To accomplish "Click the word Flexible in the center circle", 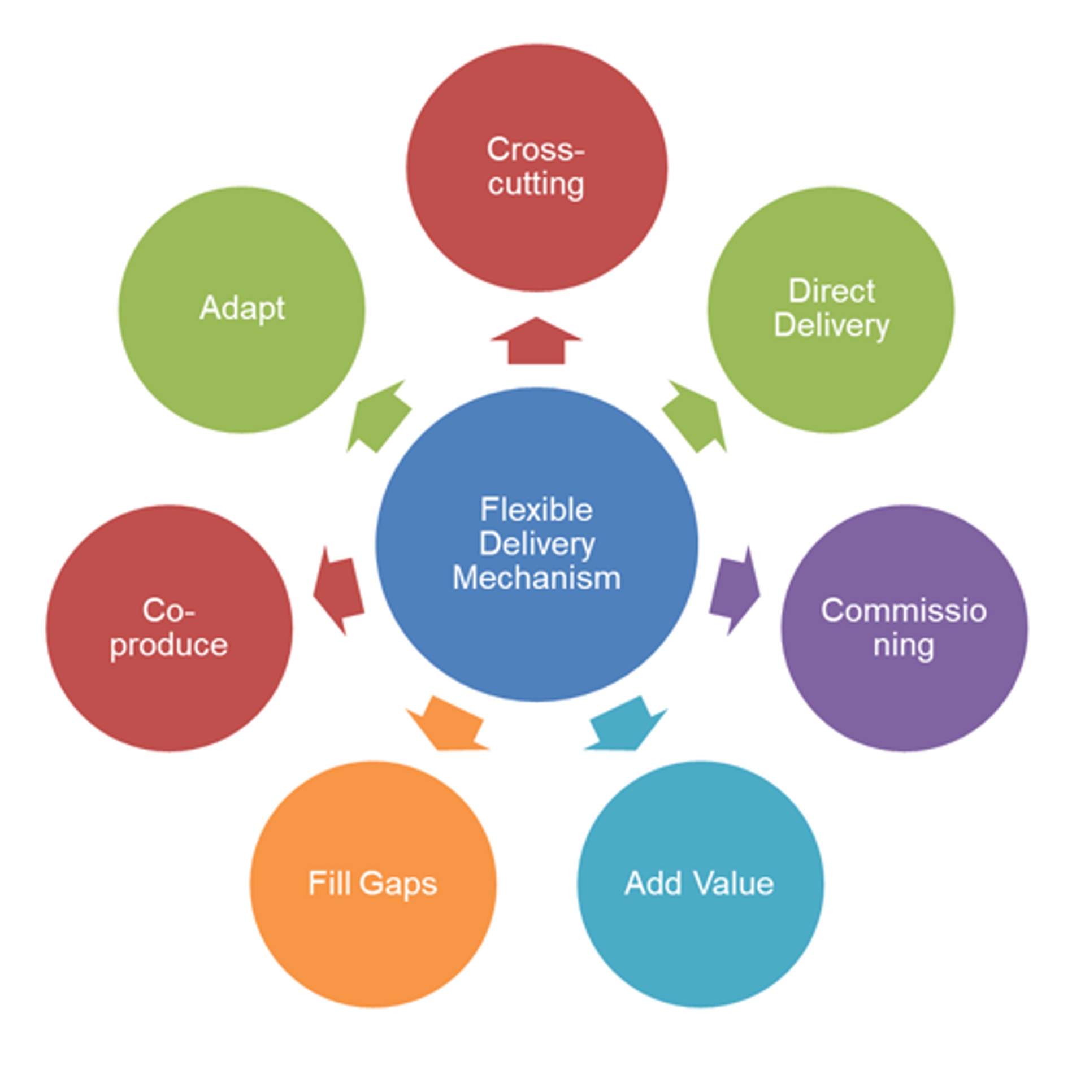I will tap(536, 510).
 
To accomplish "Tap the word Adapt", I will tap(242, 308).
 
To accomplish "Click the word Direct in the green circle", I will tap(831, 291).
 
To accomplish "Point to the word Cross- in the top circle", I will tap(535, 150).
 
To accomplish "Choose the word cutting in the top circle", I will tap(536, 184).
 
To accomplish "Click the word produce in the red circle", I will tap(168, 645).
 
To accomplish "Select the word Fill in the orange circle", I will tap(329, 882).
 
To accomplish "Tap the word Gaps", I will tap(398, 884).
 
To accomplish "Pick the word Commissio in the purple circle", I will tap(904, 611).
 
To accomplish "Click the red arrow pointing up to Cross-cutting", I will tap(536, 342).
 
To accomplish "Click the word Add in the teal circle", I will tap(653, 883).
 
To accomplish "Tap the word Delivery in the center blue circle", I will tap(536, 543).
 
